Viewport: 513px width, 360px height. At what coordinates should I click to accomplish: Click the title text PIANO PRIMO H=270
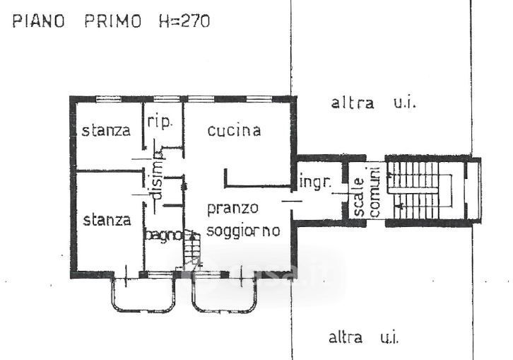110,21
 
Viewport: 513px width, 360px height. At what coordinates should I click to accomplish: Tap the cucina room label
235,130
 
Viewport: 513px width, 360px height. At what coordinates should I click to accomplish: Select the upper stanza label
106,130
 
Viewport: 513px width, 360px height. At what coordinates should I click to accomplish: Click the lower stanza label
107,220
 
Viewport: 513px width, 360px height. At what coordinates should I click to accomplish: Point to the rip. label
160,122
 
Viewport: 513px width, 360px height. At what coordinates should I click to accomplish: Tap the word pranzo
232,209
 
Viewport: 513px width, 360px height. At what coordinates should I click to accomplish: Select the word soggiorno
243,230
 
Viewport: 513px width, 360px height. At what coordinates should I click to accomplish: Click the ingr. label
315,181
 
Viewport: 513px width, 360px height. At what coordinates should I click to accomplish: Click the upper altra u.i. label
375,103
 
